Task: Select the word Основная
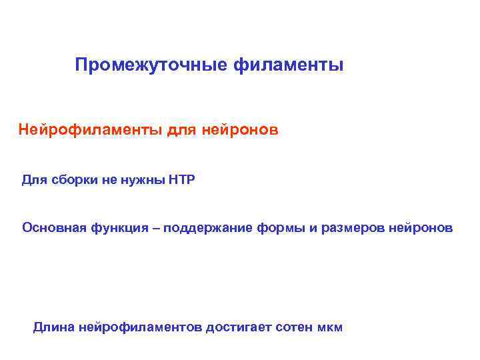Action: (51, 228)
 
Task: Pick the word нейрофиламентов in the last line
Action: (141, 327)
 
